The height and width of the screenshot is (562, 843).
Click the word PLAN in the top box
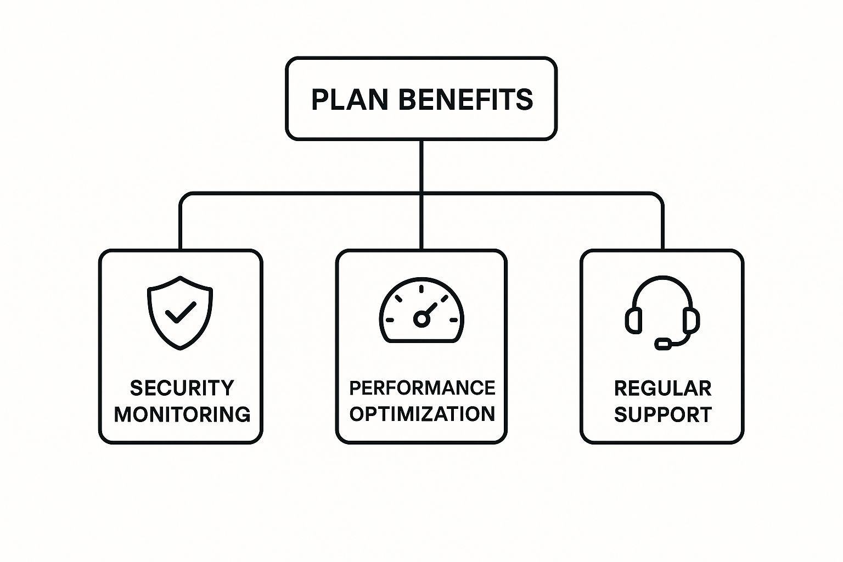point(350,99)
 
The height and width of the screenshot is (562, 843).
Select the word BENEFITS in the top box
point(466,99)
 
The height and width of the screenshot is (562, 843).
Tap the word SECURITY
point(182,388)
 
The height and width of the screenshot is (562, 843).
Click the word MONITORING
point(182,414)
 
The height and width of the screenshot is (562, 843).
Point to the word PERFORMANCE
point(422,388)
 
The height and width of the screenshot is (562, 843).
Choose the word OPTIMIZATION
point(422,414)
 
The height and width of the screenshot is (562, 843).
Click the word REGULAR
point(663,389)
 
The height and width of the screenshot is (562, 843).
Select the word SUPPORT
point(663,414)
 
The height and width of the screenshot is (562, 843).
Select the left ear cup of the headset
point(634,321)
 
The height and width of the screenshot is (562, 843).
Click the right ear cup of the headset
point(692,321)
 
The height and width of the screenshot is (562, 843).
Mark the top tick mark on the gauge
point(421,289)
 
